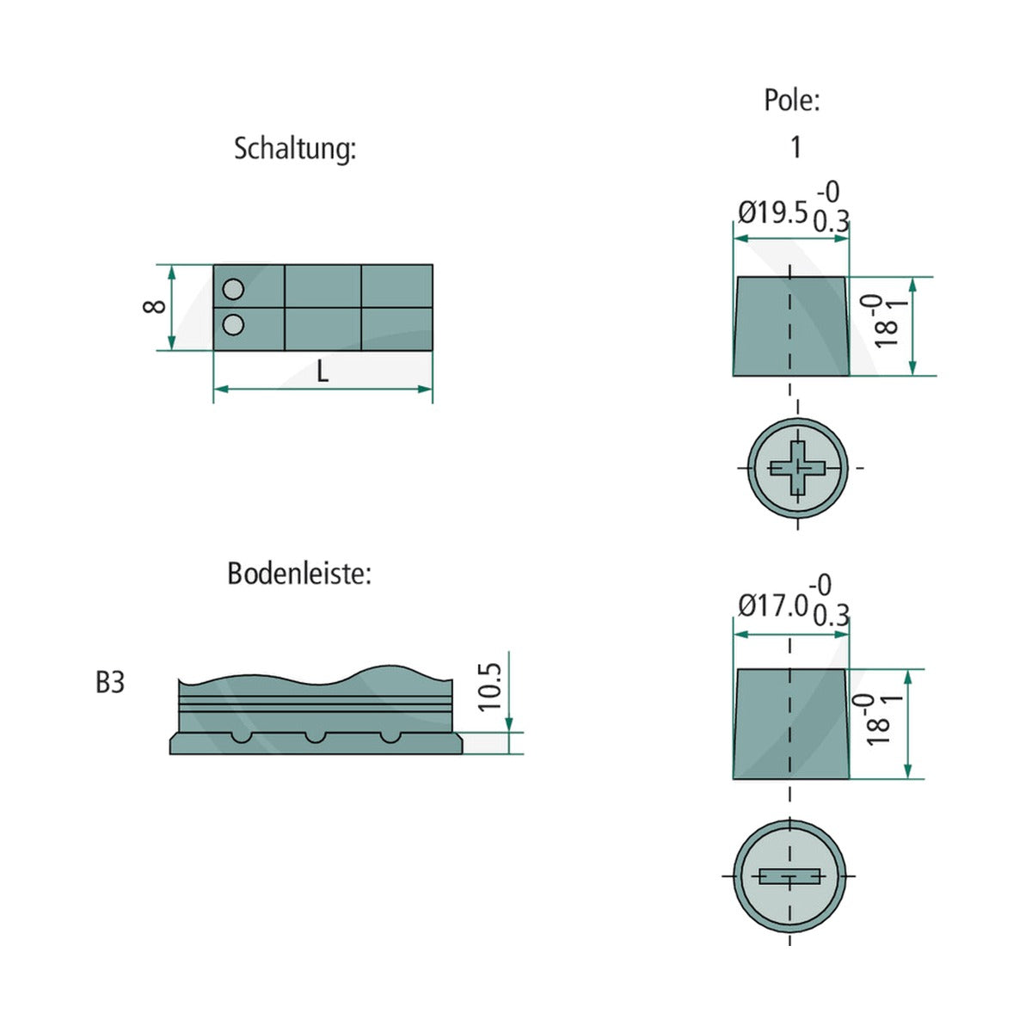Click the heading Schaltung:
click(295, 149)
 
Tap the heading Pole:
click(791, 100)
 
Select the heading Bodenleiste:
click(299, 574)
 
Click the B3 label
click(110, 683)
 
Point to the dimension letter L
click(322, 372)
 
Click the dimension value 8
click(154, 307)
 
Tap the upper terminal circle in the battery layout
click(233, 289)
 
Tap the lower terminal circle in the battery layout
click(233, 324)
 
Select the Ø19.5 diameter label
click(772, 213)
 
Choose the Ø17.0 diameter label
click(772, 606)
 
